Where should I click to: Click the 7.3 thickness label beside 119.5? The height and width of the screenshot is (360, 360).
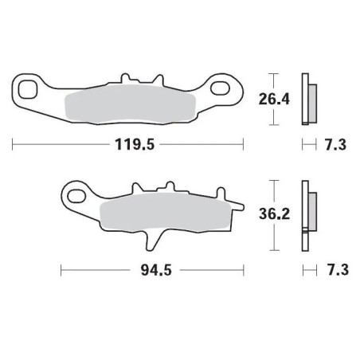coord(334,146)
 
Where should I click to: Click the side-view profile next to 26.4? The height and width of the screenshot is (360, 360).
coord(306,100)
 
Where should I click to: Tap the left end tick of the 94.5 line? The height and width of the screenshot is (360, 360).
coord(62,271)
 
